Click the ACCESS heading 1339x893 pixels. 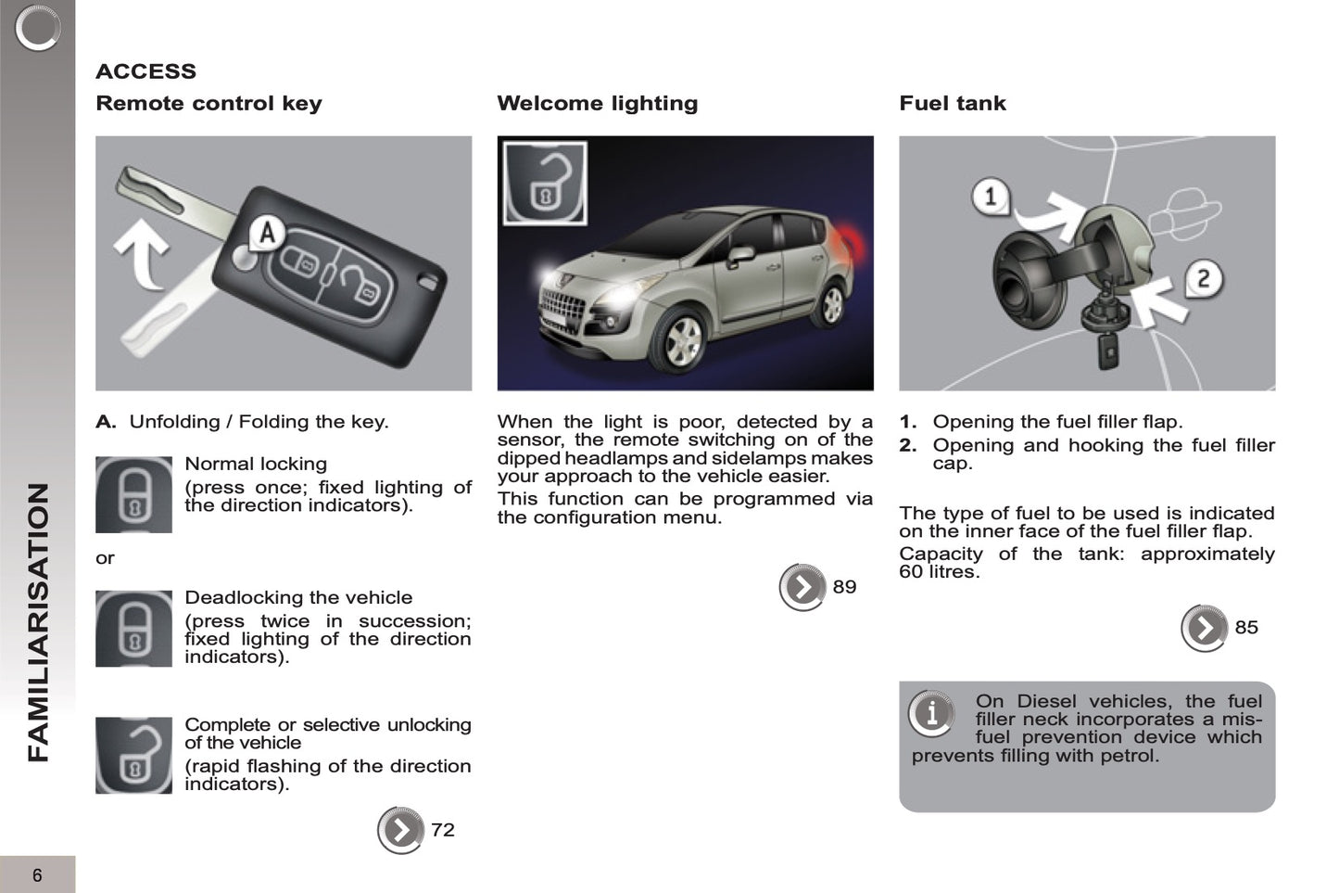[145, 71]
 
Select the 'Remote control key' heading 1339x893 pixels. [208, 103]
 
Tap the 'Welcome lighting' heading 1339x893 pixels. [597, 103]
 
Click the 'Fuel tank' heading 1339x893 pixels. [952, 103]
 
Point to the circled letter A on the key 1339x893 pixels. [267, 232]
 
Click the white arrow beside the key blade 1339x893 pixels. [143, 252]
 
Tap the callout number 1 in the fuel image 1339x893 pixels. [990, 197]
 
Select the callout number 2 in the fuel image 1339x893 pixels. [1202, 278]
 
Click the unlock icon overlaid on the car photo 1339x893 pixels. [545, 183]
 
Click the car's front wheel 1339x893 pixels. [683, 342]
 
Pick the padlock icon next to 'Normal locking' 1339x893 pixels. [133, 494]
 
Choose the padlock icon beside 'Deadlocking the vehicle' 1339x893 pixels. [133, 628]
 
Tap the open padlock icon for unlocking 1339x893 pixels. [133, 755]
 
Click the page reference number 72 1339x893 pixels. [443, 830]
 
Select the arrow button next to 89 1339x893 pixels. [802, 587]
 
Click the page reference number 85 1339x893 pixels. [1246, 628]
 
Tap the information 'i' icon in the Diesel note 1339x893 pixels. [931, 713]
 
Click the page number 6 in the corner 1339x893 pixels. [37, 875]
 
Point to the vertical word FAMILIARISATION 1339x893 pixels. [38, 621]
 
